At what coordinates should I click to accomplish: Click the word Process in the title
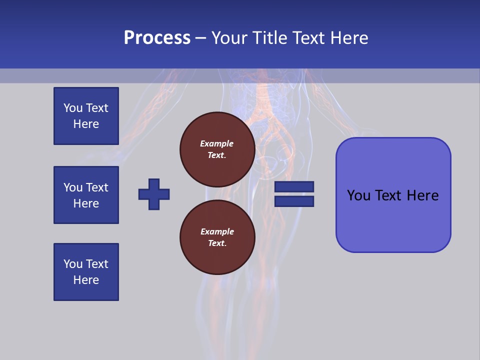tap(157, 38)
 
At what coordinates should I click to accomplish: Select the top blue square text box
tap(86, 116)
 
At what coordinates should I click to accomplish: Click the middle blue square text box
tap(86, 195)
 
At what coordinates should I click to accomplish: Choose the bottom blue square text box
tap(86, 272)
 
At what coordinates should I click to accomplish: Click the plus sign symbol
tap(154, 194)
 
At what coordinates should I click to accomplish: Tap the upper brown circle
tap(217, 149)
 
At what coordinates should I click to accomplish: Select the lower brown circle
tap(217, 237)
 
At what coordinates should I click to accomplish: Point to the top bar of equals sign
tap(294, 187)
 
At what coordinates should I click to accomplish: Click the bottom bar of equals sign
tap(294, 201)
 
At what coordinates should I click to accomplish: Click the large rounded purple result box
tap(393, 195)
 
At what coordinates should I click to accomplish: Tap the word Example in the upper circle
tap(216, 143)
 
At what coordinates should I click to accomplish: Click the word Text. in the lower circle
tap(217, 243)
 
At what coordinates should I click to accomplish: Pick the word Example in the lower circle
tap(217, 231)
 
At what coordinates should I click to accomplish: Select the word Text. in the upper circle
tap(217, 155)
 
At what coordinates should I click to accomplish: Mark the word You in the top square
tap(73, 108)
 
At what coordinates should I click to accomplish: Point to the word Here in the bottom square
tap(86, 280)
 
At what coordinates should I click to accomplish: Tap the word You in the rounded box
tap(358, 195)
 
